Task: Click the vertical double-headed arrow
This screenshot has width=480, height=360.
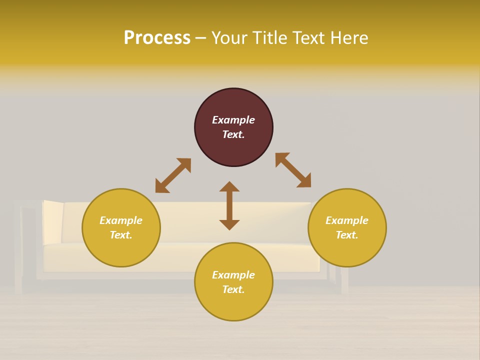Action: coord(229,205)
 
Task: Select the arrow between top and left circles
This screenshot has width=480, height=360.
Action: coord(173,175)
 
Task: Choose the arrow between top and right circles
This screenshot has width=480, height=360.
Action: coord(293,170)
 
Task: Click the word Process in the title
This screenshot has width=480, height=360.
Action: coord(157,38)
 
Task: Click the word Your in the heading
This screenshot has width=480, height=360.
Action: coord(229,38)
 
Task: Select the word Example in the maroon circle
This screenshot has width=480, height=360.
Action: coord(233,120)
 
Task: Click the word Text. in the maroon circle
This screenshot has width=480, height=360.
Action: coord(233,134)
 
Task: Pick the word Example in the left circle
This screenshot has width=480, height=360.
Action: coord(121,220)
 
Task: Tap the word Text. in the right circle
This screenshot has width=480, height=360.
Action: coord(347,235)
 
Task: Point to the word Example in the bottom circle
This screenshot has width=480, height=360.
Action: coord(233,275)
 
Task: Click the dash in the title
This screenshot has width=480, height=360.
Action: coord(201,38)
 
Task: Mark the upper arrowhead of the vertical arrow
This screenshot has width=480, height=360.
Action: coord(229,187)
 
